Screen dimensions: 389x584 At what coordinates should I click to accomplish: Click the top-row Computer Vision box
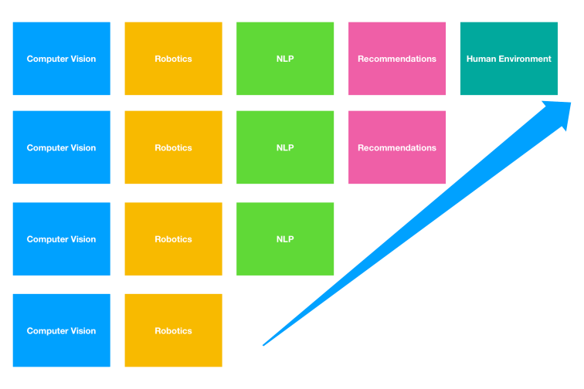tap(61, 59)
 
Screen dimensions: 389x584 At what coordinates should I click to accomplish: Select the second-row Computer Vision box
tap(61, 147)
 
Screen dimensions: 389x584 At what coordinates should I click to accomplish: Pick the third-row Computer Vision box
tap(61, 239)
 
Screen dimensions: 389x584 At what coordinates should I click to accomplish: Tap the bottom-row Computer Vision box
tap(61, 330)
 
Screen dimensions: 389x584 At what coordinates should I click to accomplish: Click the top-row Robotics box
tap(173, 59)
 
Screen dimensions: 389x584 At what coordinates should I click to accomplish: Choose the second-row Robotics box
tap(173, 147)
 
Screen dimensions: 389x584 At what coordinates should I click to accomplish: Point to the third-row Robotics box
tap(173, 239)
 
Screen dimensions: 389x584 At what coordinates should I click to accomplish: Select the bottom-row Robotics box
tap(173, 330)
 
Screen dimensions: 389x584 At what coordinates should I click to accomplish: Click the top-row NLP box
tap(285, 59)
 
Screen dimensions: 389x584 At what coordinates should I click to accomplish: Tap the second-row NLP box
tap(285, 147)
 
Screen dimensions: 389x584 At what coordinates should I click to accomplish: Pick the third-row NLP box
tap(285, 239)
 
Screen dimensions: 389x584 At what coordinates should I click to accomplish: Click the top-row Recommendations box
tap(397, 59)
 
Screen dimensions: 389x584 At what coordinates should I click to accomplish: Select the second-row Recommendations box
tap(397, 147)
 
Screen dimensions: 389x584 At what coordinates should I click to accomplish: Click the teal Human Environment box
tap(508, 59)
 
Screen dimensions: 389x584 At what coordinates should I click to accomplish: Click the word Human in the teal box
tap(480, 59)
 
